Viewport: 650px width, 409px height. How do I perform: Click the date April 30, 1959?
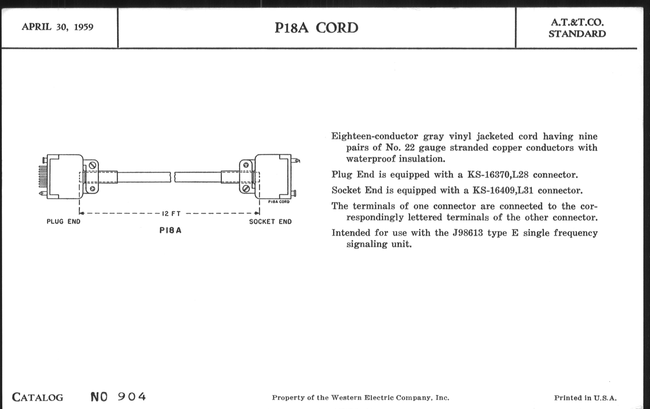(57, 27)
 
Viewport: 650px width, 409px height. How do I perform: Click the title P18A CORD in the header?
(316, 28)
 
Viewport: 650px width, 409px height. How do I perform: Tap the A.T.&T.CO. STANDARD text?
(577, 28)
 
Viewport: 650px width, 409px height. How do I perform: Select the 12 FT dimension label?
(171, 214)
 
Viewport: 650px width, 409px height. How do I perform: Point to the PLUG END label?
(63, 222)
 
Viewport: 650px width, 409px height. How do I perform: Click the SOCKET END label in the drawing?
(270, 222)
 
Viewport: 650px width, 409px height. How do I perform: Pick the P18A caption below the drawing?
(170, 230)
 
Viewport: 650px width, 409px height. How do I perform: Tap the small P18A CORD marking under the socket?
(278, 202)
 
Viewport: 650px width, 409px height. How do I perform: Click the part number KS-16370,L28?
(498, 175)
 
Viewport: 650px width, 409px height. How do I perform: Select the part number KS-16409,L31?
(503, 190)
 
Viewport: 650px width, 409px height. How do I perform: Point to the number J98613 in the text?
(467, 233)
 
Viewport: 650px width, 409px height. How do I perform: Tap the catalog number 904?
(132, 397)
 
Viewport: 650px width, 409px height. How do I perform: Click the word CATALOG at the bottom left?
(37, 398)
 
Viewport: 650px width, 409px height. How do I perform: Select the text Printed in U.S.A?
(585, 398)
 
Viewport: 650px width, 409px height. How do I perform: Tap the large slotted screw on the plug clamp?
(92, 165)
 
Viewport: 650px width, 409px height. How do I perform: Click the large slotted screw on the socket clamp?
(246, 188)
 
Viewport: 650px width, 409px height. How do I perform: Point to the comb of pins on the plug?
(43, 177)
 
